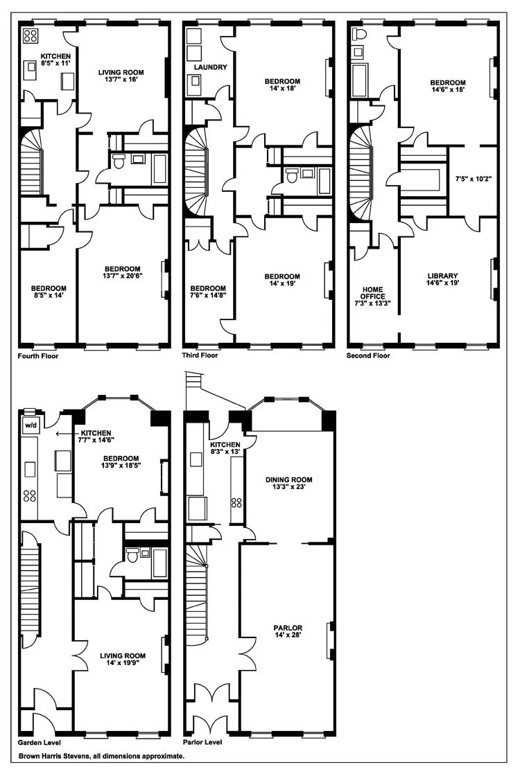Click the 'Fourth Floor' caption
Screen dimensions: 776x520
(39, 355)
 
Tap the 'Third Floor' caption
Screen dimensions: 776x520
(200, 355)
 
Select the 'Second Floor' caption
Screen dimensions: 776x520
(368, 355)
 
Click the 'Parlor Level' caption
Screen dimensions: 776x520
(202, 741)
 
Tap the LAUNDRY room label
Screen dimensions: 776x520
(211, 67)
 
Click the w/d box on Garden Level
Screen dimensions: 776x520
(31, 424)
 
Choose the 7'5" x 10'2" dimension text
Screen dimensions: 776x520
(473, 179)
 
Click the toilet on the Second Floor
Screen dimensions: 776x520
(358, 35)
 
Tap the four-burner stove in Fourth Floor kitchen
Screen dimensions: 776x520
(31, 35)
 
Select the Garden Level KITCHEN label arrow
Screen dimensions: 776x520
(68, 433)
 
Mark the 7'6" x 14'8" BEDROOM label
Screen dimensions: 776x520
(208, 292)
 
